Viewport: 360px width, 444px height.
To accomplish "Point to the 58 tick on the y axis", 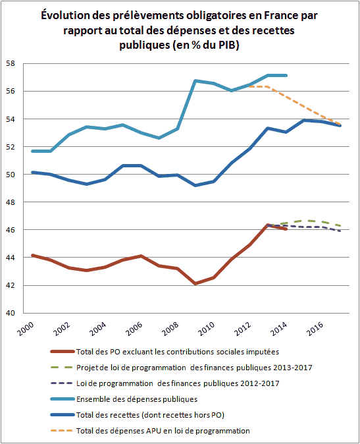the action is tap(11, 63).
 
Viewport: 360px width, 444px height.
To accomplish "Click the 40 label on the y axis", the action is tap(11, 313).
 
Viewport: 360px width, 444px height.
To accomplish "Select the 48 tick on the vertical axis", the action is tap(11, 202).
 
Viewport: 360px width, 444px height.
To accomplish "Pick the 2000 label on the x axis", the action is tap(26, 329).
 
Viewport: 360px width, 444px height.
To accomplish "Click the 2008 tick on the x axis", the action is tap(170, 329).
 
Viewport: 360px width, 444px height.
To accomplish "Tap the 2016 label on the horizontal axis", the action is tap(315, 329).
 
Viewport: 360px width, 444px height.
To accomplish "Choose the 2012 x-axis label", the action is tap(243, 329).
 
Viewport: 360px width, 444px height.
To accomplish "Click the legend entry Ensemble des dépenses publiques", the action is tap(137, 399).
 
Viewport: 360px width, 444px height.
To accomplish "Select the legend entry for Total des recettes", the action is tap(150, 415).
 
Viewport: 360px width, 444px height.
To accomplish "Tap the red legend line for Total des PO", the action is tap(63, 351).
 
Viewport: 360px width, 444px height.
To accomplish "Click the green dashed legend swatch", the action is tap(63, 368).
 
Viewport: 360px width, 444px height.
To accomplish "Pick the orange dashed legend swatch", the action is tap(63, 431).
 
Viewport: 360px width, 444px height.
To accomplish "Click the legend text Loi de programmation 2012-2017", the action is tap(178, 383).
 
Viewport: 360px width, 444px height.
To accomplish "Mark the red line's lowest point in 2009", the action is tap(195, 283).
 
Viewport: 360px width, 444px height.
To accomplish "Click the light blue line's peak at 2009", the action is tap(195, 81).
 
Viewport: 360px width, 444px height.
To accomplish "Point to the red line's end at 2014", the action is tap(286, 229).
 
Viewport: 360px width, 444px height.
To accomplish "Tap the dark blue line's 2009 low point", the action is tap(195, 185).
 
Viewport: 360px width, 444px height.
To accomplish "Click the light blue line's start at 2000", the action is tap(32, 152).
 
